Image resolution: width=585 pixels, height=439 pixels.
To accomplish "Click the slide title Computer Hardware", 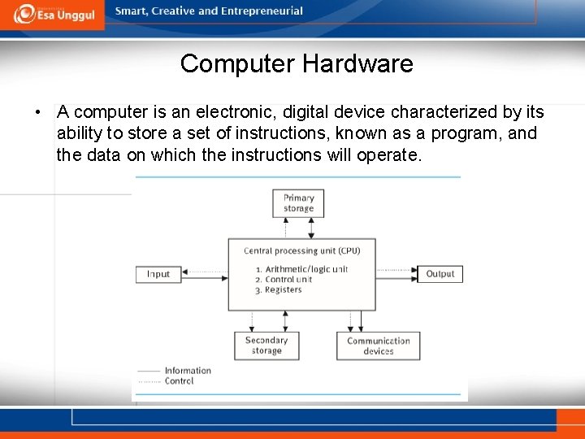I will tap(297, 63).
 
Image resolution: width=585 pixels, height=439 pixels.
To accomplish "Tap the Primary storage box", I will tap(298, 203).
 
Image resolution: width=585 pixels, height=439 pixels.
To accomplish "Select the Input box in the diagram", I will tap(158, 274).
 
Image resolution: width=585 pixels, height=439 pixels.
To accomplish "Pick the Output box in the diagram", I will tap(440, 274).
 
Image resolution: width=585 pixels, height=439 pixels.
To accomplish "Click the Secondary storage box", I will tap(266, 346).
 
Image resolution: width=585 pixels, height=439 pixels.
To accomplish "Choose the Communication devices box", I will tap(379, 346).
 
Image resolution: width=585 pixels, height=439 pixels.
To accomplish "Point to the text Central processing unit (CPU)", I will tap(301, 251).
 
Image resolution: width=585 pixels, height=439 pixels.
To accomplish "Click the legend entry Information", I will tap(188, 371).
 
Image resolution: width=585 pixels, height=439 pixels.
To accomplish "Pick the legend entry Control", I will tap(179, 380).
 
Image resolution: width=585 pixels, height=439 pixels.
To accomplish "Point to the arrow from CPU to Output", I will tap(396, 270).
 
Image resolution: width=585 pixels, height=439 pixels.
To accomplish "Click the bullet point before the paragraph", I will tap(37, 112).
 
